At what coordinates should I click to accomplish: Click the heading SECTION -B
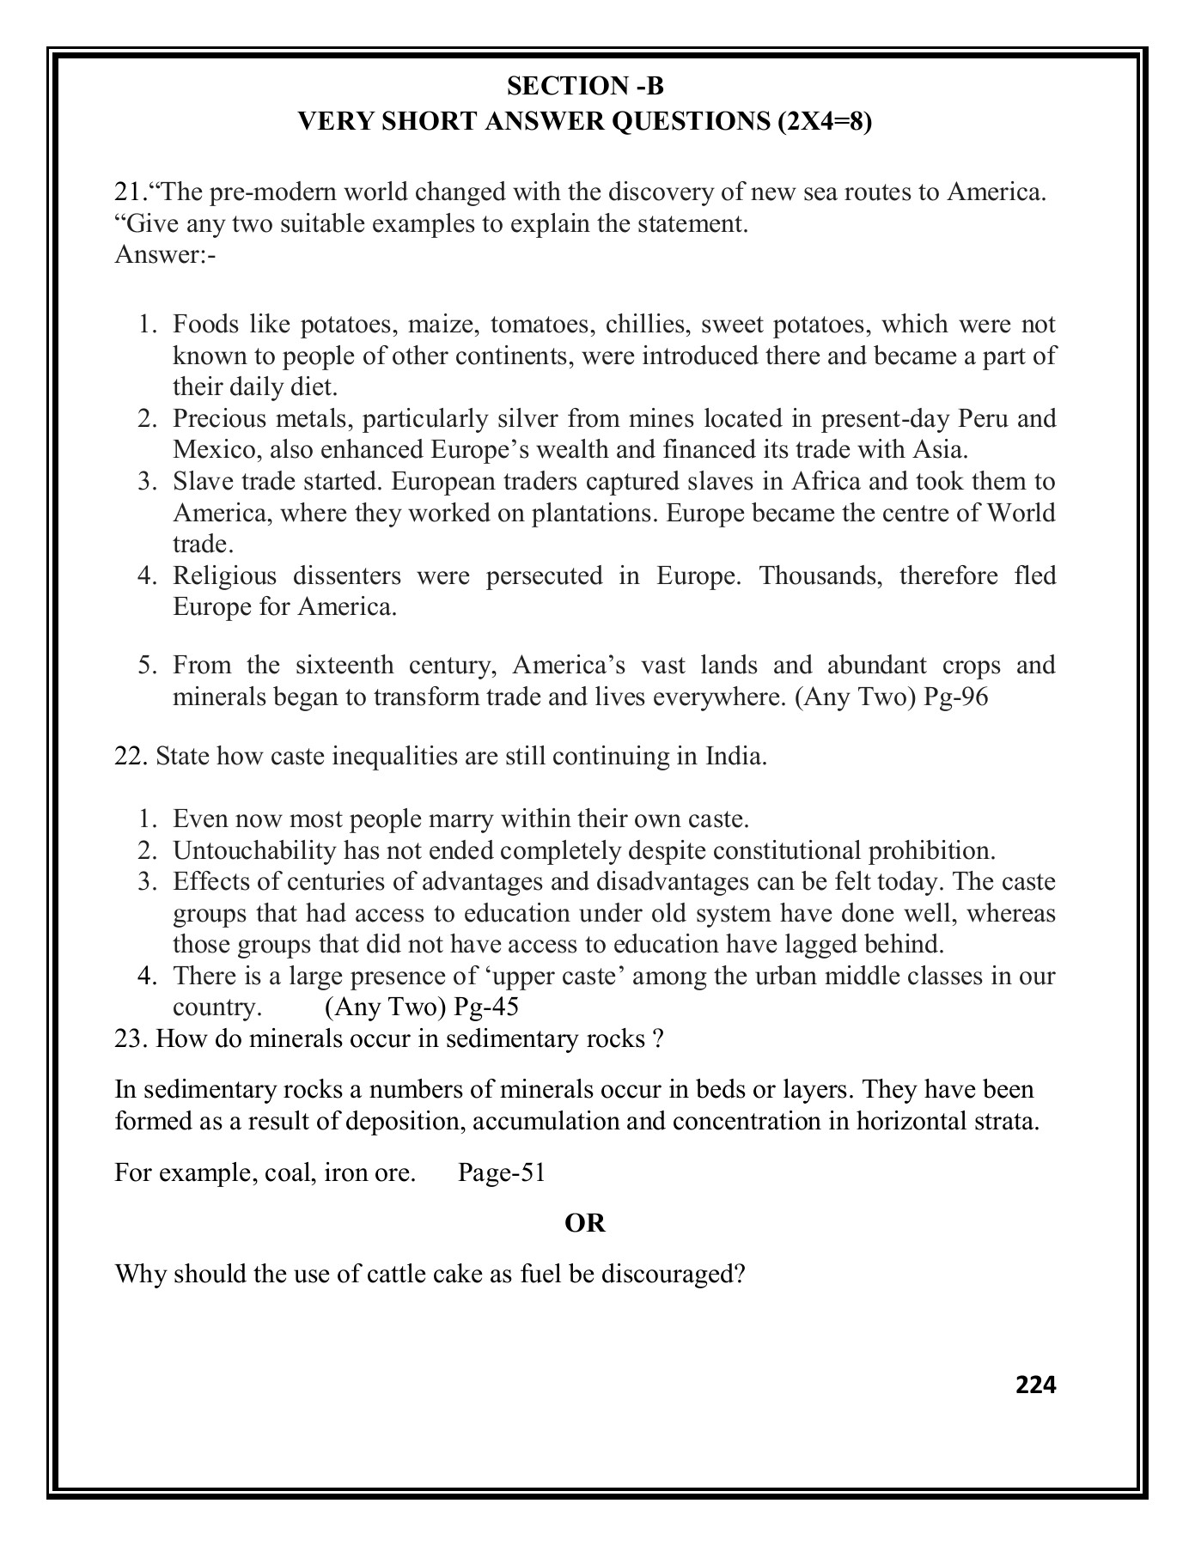click(585, 86)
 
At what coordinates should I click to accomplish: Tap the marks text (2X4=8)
click(825, 122)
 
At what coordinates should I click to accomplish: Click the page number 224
click(1035, 1385)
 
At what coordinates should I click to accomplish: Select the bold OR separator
click(585, 1223)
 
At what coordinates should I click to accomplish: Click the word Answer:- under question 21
click(165, 256)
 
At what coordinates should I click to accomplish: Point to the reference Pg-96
click(955, 697)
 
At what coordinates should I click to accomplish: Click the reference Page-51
click(502, 1172)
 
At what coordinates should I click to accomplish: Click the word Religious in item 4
click(225, 575)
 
